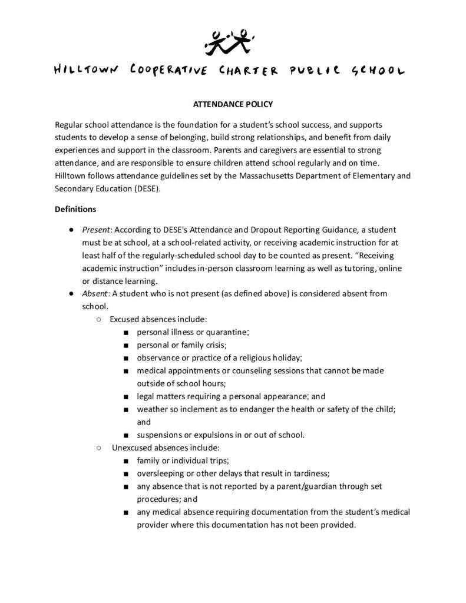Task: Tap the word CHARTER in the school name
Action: tap(246, 71)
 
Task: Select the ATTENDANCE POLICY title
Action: tap(233, 104)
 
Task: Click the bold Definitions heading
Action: tap(71, 208)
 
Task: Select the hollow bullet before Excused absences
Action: tap(98, 319)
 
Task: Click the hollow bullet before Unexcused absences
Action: tap(98, 448)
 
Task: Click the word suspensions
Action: tap(161, 435)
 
